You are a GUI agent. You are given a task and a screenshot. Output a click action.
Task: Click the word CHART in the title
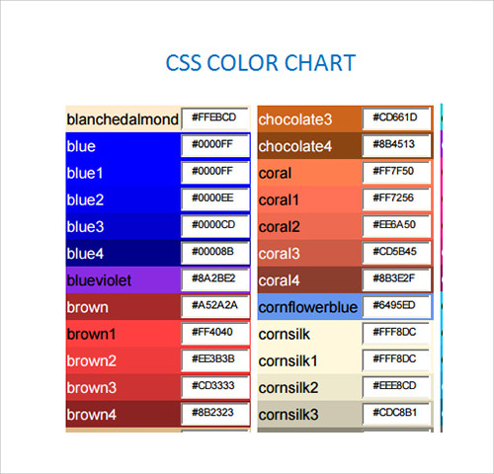(320, 63)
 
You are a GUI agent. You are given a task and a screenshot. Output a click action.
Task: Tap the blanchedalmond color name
(123, 119)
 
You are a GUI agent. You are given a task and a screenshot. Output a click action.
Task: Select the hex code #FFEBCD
(214, 118)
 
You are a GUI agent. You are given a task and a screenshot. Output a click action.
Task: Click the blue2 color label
(85, 199)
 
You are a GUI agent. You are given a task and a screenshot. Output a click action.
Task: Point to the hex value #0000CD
(213, 224)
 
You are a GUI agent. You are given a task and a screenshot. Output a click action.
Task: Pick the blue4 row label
(85, 254)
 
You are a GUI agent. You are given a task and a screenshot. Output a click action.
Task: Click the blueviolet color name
(99, 280)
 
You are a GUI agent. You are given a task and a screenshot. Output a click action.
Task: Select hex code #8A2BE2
(213, 278)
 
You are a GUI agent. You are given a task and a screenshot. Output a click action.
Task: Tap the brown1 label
(91, 334)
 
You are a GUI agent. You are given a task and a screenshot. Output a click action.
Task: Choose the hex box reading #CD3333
(213, 385)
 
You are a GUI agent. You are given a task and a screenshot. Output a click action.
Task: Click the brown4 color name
(91, 415)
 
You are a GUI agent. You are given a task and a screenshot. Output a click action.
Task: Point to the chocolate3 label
(295, 119)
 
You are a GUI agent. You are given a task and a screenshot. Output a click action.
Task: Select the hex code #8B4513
(393, 144)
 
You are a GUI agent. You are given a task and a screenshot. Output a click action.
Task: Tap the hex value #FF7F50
(393, 171)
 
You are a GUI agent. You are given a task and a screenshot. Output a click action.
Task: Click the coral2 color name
(279, 227)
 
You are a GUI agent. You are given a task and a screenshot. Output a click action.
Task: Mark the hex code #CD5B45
(394, 252)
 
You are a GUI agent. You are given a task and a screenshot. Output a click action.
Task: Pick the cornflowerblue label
(308, 307)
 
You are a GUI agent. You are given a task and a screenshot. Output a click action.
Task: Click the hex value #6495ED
(394, 305)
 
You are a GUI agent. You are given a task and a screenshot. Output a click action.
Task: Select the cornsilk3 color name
(288, 415)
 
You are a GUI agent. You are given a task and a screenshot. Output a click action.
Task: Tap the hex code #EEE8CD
(394, 385)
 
